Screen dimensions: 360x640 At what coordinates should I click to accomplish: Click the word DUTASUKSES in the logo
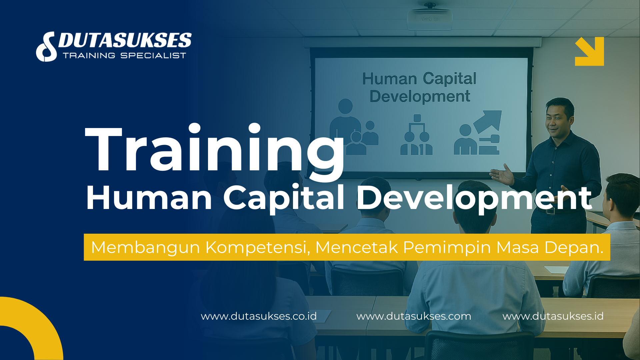125,41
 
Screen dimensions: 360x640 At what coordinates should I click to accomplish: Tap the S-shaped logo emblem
47,47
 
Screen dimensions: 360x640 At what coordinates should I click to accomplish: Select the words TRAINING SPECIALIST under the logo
124,56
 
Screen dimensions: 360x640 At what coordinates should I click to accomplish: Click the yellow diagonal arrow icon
589,51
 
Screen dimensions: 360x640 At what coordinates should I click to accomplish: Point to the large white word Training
215,150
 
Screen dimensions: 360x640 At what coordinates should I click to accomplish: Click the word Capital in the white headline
284,198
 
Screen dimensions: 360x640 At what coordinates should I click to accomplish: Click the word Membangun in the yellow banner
145,247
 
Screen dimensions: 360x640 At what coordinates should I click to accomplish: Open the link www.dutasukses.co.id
259,316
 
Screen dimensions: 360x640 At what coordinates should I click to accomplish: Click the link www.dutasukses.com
414,316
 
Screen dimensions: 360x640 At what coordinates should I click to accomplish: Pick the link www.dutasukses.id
553,316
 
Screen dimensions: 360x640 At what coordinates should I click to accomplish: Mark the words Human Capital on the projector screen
419,79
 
